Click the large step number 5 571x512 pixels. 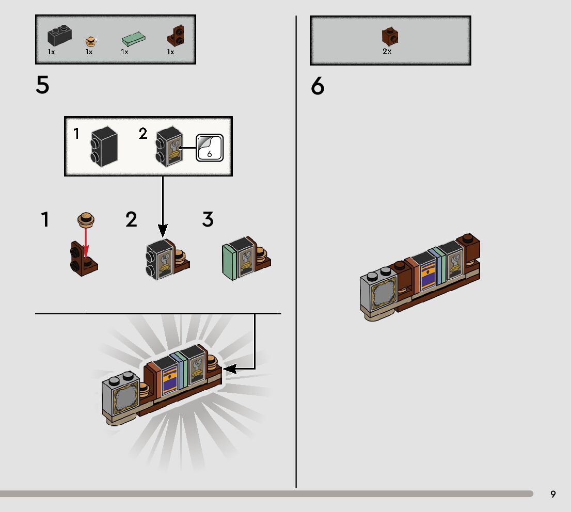(x=42, y=85)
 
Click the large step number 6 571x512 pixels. (x=318, y=87)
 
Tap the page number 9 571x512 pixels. (x=553, y=494)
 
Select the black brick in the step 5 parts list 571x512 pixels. (x=58, y=36)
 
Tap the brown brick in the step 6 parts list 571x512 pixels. (x=390, y=36)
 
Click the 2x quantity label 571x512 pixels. (x=387, y=52)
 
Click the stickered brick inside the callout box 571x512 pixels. (x=169, y=146)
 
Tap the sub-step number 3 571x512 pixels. (x=208, y=220)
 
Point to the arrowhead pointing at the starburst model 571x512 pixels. (x=229, y=369)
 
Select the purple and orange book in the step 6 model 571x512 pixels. (x=428, y=276)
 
